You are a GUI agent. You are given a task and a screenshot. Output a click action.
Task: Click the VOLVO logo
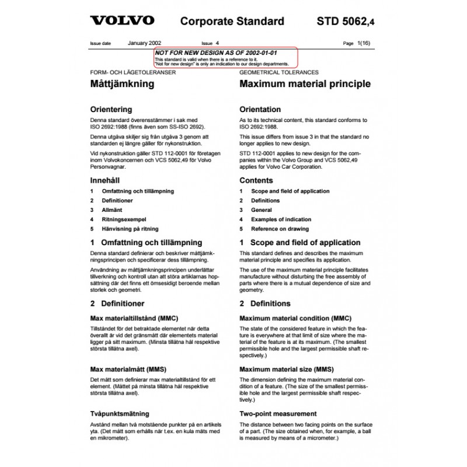pyautogui.click(x=121, y=22)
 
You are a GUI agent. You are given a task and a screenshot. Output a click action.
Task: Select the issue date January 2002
pyautogui.click(x=144, y=43)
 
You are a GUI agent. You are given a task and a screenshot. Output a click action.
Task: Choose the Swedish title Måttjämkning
pyautogui.click(x=121, y=84)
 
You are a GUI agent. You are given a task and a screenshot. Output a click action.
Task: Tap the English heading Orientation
pyautogui.click(x=260, y=109)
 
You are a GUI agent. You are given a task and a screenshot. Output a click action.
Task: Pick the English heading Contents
pyautogui.click(x=256, y=180)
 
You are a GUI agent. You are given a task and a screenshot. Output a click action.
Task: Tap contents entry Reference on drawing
pyautogui.click(x=280, y=228)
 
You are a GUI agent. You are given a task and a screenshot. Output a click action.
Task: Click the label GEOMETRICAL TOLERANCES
pyautogui.click(x=279, y=73)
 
